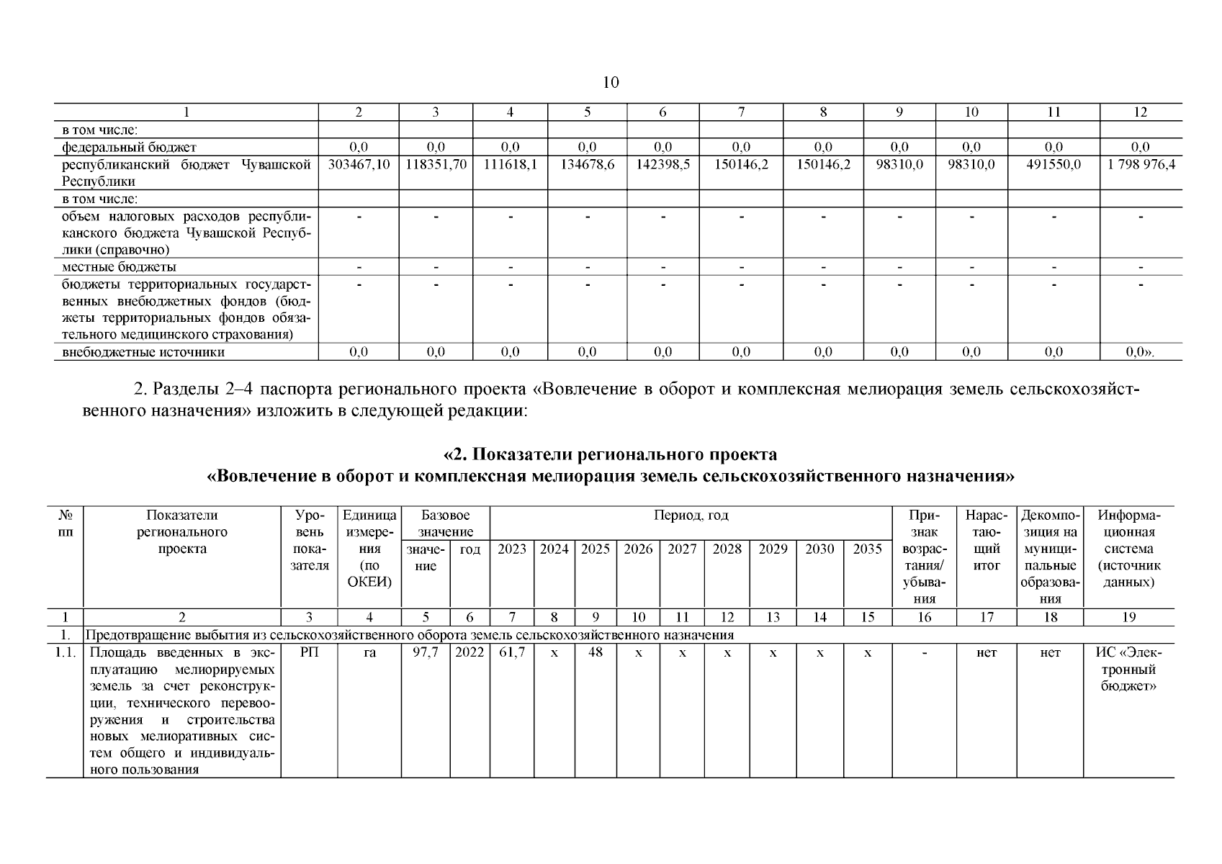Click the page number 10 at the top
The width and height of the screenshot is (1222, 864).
[610, 82]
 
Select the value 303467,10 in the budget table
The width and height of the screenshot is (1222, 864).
[359, 164]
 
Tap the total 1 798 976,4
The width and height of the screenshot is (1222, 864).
[1141, 164]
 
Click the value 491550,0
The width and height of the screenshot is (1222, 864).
[1053, 164]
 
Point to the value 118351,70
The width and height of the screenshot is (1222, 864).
[436, 164]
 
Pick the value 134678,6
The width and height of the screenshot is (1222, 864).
[587, 164]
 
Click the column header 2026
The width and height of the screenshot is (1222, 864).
[638, 549]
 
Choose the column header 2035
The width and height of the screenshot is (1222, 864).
[867, 549]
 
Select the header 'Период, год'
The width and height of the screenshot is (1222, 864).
[691, 516]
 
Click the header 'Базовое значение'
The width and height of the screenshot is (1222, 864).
[446, 523]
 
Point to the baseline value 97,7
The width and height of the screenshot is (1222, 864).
[426, 652]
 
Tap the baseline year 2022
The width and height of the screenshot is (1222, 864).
[470, 652]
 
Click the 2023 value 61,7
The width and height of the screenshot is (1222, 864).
[512, 652]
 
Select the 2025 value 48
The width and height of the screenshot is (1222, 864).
[596, 652]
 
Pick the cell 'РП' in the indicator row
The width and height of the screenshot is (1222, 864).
[309, 652]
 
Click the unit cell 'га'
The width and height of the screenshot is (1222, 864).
[369, 652]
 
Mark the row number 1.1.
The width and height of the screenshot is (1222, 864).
[66, 652]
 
